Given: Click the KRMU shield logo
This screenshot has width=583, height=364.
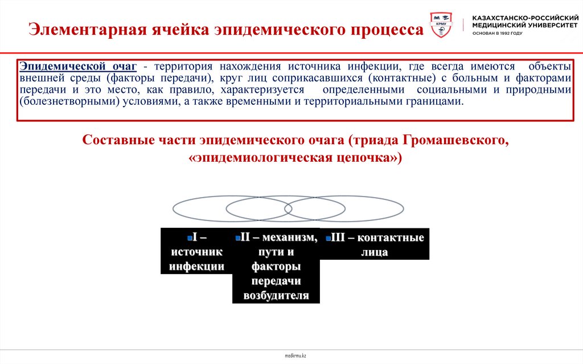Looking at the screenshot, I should pos(441,27).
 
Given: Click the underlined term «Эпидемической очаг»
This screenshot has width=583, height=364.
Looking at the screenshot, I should pos(79,67).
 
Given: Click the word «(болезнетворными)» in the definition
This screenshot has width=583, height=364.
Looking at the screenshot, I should pos(60,101).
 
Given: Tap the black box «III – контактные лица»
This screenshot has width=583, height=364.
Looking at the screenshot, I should pos(374,244).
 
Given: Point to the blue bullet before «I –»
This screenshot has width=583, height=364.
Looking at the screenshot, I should pos(188,238).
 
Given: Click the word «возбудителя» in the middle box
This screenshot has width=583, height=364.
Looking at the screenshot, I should pos(276,295).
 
